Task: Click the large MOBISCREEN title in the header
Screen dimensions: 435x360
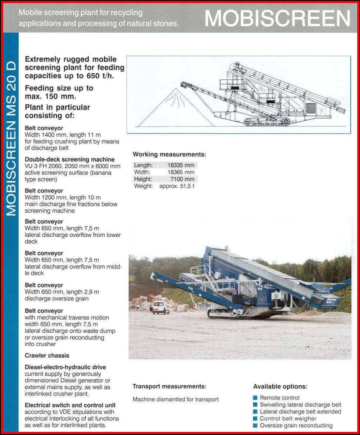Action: pos(277,18)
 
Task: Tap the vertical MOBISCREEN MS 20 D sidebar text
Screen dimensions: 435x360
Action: pos(11,138)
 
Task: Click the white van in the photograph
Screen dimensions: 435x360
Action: pos(160,307)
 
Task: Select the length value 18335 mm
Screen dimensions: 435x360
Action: pos(181,165)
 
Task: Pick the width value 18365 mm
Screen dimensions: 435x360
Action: pos(181,172)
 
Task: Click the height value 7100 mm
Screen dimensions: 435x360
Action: pos(182,179)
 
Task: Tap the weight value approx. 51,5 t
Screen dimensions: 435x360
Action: pos(177,186)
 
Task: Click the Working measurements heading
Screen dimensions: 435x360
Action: pos(169,154)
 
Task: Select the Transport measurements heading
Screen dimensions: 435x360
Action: pos(169,387)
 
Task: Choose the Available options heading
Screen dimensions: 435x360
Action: pos(280,387)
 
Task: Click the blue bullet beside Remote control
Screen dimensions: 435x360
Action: pos(255,398)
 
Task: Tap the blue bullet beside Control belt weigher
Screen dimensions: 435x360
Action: pos(255,419)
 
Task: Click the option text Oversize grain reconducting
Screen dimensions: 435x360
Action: pos(296,425)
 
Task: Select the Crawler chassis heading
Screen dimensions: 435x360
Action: pos(47,356)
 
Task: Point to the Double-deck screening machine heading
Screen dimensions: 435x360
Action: pos(70,160)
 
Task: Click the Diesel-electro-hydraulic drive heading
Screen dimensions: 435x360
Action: pos(65,367)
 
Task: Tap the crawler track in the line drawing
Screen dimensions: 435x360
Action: pos(267,121)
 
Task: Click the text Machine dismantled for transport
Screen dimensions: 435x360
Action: pos(176,400)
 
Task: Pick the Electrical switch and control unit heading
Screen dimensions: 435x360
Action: pos(70,405)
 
